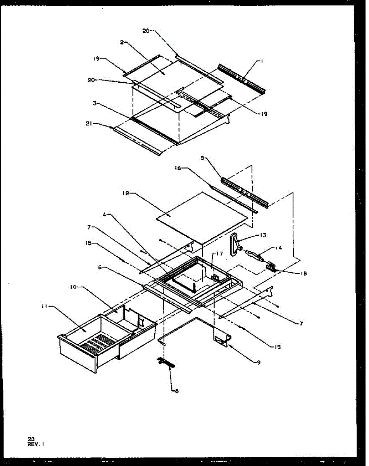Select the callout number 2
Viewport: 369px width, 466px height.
click(122, 42)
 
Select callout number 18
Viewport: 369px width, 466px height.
click(303, 273)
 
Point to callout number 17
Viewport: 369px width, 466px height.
click(219, 254)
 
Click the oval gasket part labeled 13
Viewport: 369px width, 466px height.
click(234, 246)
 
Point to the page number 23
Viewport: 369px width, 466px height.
click(31, 439)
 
